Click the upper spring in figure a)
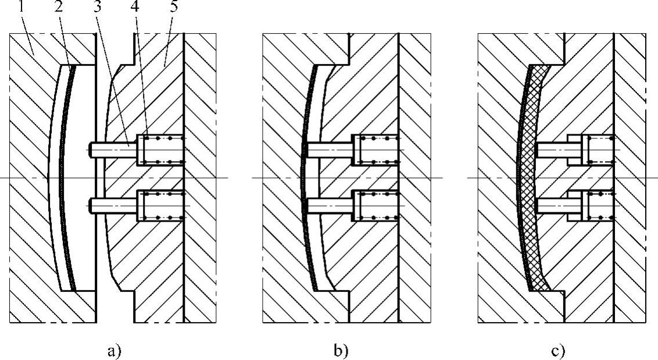163,150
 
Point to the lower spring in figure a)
163,204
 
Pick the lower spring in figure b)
378,204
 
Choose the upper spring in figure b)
378,150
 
